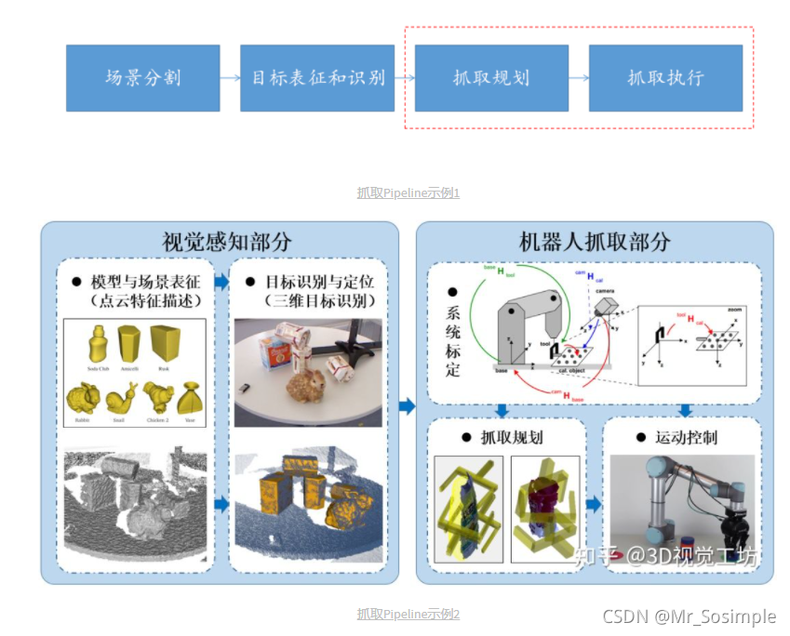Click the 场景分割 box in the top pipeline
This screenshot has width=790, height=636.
coord(142,78)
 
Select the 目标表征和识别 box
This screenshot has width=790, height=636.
coord(318,78)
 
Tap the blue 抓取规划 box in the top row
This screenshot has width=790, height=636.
coord(490,78)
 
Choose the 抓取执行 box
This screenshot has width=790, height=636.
coord(665,78)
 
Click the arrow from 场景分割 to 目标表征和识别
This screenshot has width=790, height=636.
coord(230,78)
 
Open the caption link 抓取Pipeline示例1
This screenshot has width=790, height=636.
coord(408,193)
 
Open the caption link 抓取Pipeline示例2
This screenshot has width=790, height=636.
coord(408,615)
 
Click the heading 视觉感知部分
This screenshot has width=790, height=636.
coord(220,242)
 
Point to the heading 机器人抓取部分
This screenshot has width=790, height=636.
coord(594,242)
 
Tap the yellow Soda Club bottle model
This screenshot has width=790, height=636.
coord(98,344)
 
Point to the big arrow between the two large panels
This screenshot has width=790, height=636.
coord(407,405)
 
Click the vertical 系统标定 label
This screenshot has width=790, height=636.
coord(453,339)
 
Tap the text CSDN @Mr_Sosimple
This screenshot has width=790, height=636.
coord(689,616)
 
